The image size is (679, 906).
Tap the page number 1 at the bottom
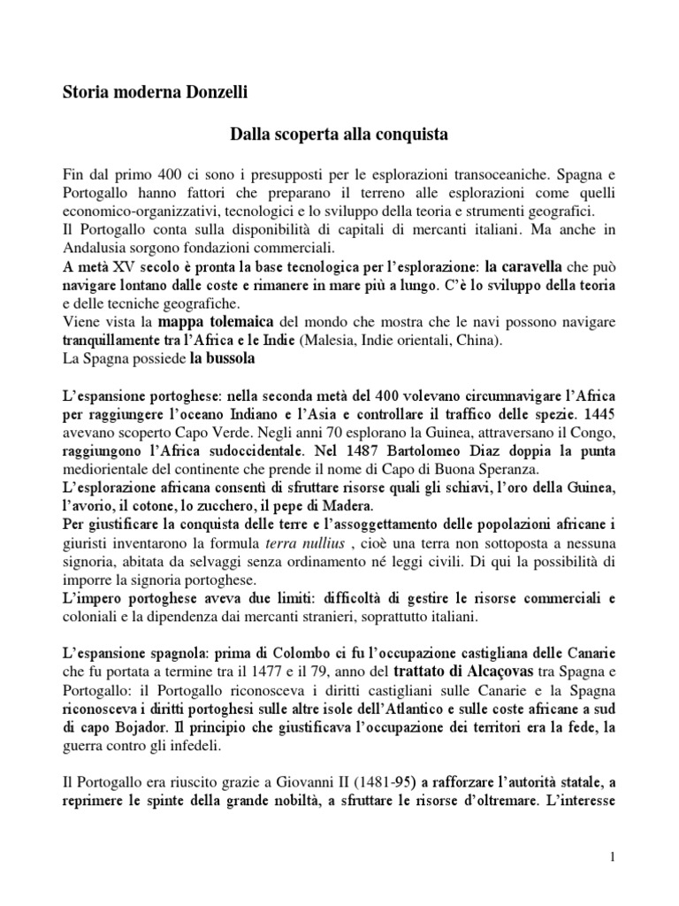(x=612, y=856)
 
